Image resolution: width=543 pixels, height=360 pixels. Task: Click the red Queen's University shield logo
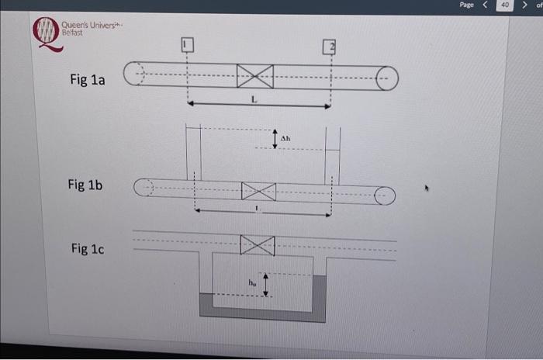tap(47, 33)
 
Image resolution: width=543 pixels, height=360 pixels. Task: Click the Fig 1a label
tap(86, 80)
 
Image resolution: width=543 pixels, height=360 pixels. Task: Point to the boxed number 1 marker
tap(186, 45)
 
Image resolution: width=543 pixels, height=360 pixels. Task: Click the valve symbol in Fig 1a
tap(255, 76)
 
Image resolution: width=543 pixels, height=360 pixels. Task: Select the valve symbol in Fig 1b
tap(258, 191)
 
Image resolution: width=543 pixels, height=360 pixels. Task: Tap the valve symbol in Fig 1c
tap(258, 245)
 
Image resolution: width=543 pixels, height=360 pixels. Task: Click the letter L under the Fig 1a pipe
tap(254, 100)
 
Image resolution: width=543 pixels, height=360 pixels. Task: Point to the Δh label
tap(285, 138)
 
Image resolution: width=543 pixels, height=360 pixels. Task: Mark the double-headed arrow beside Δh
tap(275, 138)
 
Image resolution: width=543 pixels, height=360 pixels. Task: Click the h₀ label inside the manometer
tap(253, 283)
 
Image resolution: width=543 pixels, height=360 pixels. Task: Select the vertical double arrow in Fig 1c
tap(266, 283)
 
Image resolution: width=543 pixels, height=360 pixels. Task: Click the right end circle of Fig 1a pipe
tap(387, 78)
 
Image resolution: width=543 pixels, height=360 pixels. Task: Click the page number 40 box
tap(505, 5)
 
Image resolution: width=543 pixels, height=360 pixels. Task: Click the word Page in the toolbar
tap(466, 5)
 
